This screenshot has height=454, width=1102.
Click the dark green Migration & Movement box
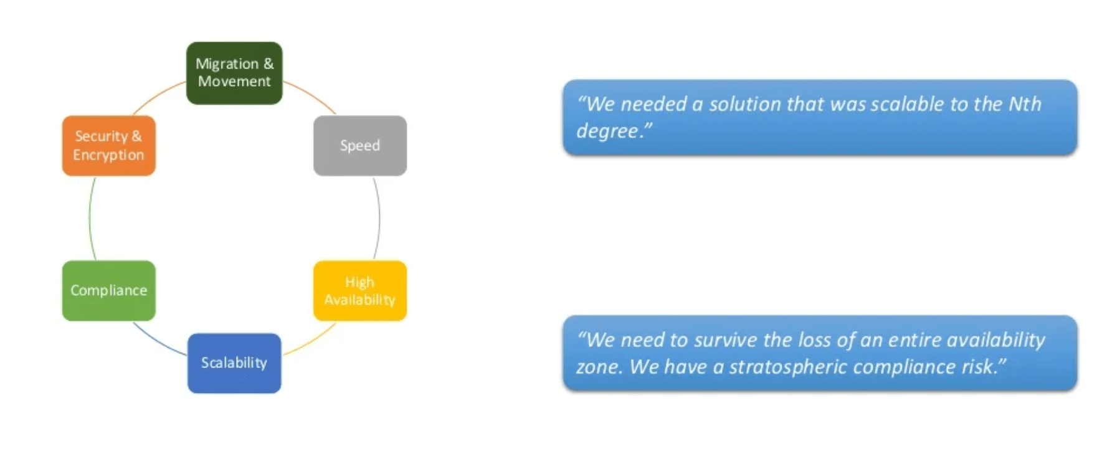(234, 73)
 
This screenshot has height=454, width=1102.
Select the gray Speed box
(360, 146)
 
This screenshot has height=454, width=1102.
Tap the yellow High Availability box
(360, 291)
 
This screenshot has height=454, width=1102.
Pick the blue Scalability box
(234, 363)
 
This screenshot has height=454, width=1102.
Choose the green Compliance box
(109, 291)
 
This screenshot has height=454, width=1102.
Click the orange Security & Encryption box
(109, 146)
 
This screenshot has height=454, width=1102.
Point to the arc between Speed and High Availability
(379, 218)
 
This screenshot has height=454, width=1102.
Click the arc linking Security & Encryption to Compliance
(90, 218)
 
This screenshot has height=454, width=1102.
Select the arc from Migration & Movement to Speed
(312, 95)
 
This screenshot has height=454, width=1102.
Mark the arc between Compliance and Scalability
(157, 341)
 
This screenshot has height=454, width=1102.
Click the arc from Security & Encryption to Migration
(157, 95)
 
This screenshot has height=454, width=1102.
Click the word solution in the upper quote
(745, 103)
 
